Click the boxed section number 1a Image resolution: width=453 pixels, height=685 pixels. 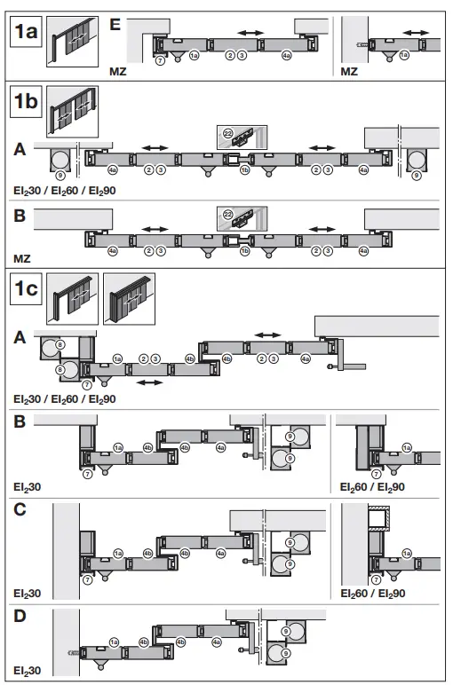[x=26, y=35]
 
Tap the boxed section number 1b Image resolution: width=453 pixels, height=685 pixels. [x=26, y=102]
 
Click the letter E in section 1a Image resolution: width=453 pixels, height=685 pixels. [x=115, y=23]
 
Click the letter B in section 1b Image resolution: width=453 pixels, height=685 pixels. [x=20, y=214]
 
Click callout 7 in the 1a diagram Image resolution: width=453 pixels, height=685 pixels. [x=159, y=59]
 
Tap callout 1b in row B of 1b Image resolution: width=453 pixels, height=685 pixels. [x=244, y=252]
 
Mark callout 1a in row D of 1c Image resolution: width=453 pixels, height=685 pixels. [x=114, y=641]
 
